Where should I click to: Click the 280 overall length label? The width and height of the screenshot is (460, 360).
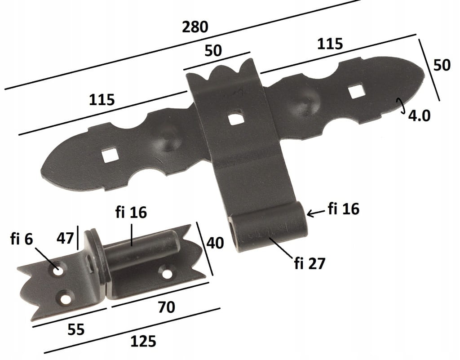point(195,27)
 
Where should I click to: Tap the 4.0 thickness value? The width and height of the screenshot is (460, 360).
point(419,116)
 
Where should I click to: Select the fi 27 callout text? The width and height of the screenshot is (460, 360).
point(310,263)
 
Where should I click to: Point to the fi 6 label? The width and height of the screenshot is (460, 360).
point(22,239)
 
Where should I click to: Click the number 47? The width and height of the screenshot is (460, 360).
point(65,238)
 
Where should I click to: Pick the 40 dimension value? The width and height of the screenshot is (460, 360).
point(215,243)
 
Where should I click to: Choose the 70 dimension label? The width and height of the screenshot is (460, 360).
point(166,307)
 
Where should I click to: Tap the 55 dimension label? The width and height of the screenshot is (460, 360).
point(76,329)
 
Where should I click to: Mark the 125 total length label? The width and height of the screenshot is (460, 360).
point(143,342)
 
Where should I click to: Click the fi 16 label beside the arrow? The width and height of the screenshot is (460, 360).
point(344,209)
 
